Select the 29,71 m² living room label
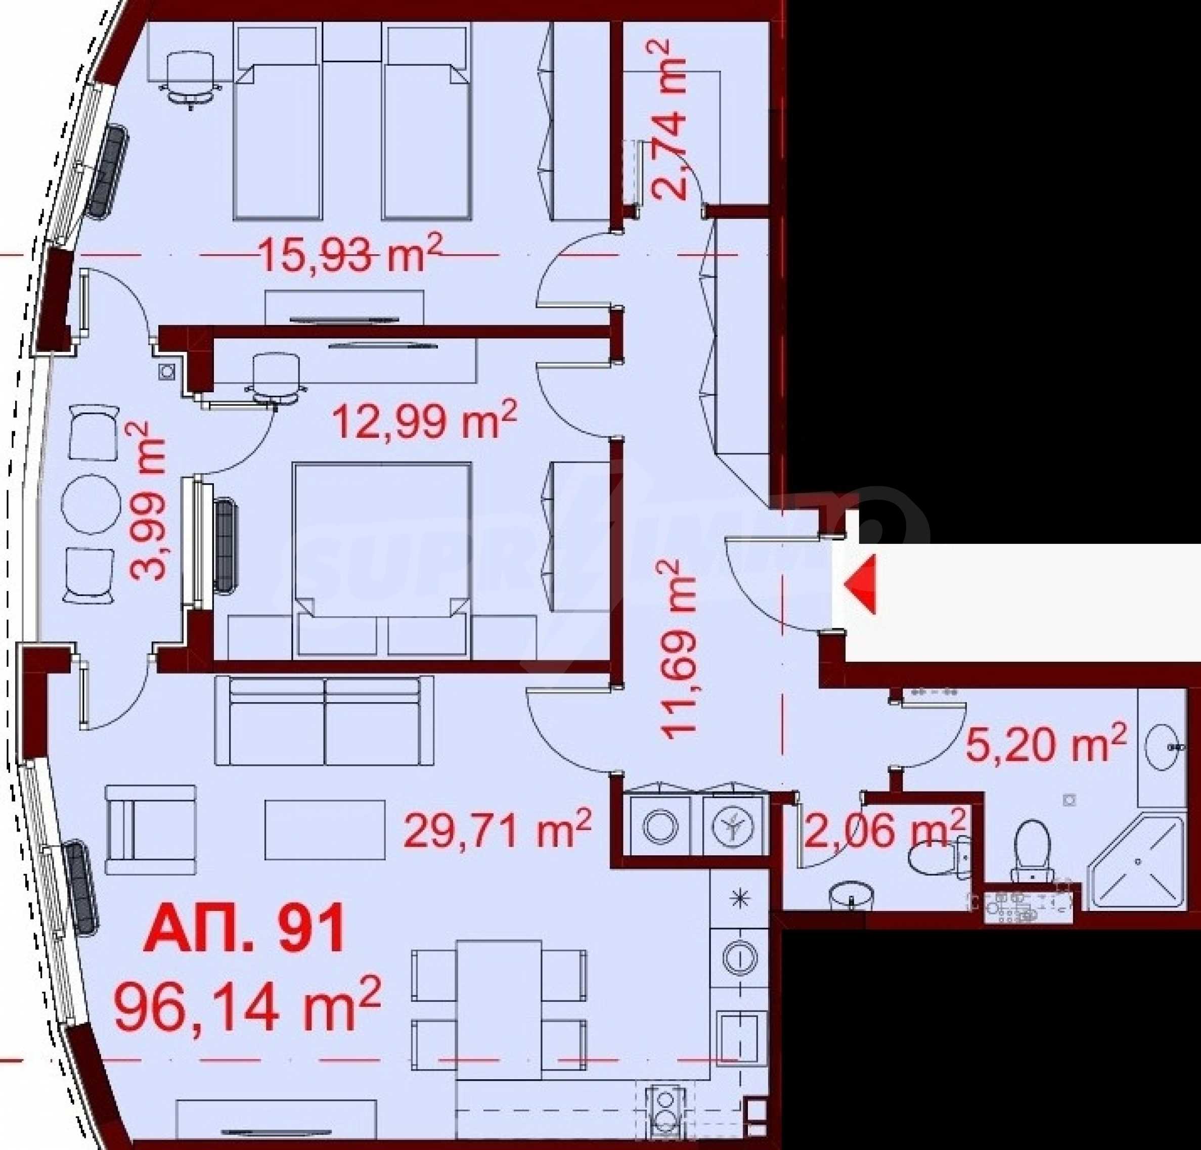pyautogui.click(x=497, y=830)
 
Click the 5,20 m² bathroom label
pyautogui.click(x=1046, y=744)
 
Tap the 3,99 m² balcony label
pyautogui.click(x=148, y=500)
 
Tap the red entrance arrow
pyautogui.click(x=860, y=584)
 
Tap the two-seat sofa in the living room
pyautogui.click(x=324, y=720)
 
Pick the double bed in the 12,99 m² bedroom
pyautogui.click(x=383, y=560)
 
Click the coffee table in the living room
pyautogui.click(x=325, y=830)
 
